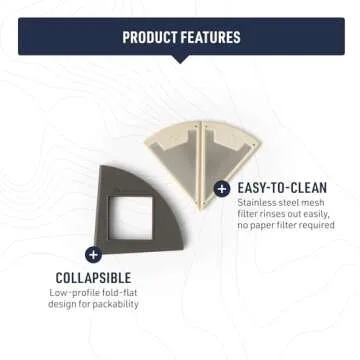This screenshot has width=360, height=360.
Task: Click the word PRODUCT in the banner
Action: coord(151,38)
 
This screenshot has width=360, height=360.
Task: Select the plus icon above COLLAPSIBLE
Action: coord(93,254)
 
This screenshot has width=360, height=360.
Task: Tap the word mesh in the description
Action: coord(315,202)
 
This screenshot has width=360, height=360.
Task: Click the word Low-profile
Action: coord(73,292)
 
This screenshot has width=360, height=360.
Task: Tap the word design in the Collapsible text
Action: coord(63,304)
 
